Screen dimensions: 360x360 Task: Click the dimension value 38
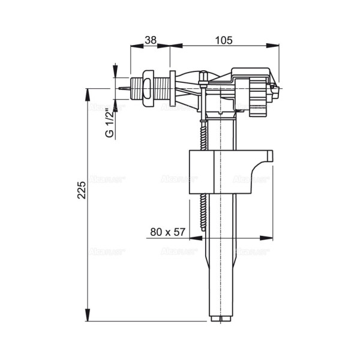pos(150,40)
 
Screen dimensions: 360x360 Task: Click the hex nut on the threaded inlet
pos(148,88)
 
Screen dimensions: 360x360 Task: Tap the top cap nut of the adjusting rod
pos(203,76)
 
